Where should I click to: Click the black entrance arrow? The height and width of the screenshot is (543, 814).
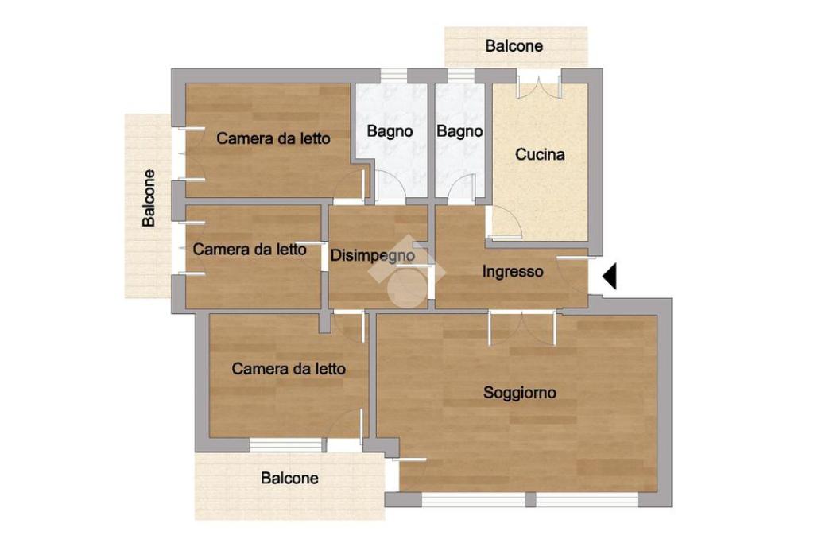610,276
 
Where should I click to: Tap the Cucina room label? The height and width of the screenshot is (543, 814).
540,154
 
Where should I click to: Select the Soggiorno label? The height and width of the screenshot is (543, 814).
520,393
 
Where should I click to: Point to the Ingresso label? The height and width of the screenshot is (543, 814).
513,272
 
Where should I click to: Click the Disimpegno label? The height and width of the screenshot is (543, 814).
373,255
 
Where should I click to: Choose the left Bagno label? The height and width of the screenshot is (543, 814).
390,131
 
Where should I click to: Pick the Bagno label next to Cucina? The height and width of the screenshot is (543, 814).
459,131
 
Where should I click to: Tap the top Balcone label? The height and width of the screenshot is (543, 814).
514,45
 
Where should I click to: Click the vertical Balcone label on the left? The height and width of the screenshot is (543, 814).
149,198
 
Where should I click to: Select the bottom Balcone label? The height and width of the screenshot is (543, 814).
289,478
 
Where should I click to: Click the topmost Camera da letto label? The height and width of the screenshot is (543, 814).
273,138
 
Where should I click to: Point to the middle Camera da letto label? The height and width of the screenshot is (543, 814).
250,250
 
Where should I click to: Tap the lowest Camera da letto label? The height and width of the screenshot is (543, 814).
289,369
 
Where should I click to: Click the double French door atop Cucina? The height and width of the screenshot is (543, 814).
540,83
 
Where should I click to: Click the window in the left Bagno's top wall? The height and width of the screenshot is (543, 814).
393,76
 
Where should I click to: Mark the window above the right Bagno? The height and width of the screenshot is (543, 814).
461,76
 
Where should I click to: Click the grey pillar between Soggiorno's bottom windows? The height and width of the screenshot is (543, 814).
530,500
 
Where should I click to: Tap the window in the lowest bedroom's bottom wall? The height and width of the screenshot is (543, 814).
285,445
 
